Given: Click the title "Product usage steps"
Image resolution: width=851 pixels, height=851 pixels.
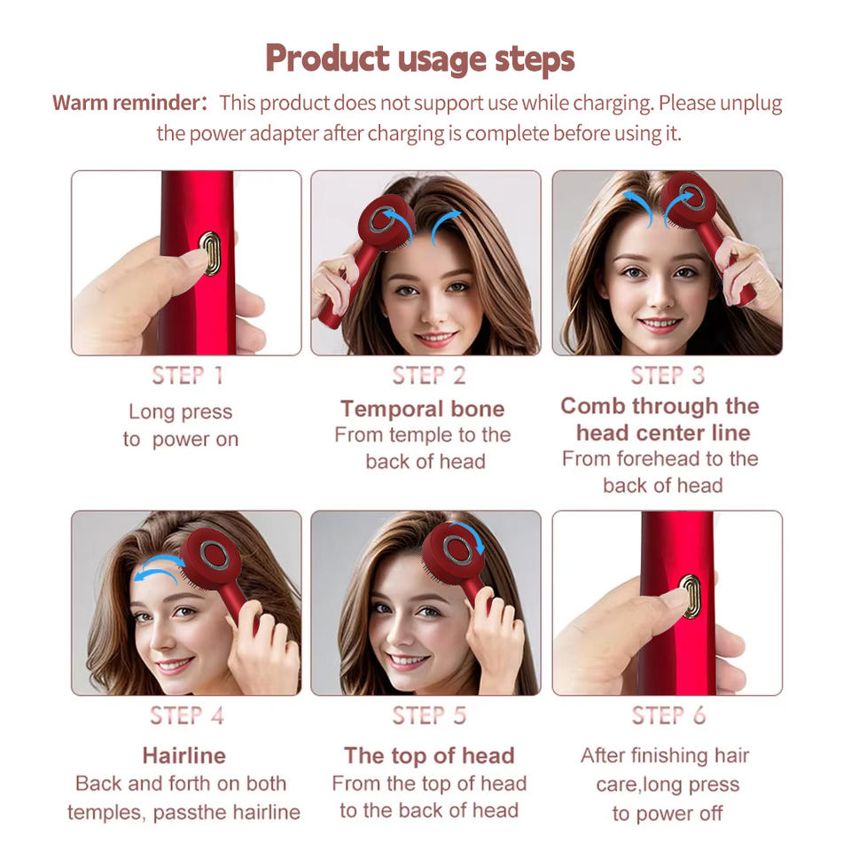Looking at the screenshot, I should tap(420, 59).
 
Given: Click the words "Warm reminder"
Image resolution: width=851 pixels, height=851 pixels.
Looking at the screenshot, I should tap(128, 103).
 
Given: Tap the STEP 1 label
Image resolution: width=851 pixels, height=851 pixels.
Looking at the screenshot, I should tap(186, 375).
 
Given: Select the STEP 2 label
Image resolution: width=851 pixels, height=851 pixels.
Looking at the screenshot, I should tap(428, 375).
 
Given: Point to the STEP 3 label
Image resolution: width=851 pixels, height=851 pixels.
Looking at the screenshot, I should tap(667, 375).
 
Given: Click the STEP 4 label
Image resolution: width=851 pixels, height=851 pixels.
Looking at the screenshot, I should tap(186, 715).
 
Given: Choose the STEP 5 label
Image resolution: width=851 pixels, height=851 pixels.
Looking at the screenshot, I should tap(428, 715).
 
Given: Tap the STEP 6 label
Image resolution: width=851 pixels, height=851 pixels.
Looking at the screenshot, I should tap(667, 715).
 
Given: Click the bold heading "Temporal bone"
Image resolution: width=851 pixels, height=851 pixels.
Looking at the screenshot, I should tap(422, 409).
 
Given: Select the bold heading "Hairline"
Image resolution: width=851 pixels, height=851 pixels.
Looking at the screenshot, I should tap(183, 755).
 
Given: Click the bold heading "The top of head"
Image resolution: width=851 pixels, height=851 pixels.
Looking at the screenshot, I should tap(429, 755).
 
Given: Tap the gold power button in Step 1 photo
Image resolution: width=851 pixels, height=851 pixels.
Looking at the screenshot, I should tap(209, 253).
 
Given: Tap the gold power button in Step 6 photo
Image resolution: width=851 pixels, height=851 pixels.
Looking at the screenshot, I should tap(690, 596).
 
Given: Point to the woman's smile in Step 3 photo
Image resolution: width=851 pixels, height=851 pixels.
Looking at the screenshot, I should tap(661, 324).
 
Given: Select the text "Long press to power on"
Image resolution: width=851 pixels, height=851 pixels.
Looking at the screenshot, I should tap(181, 425).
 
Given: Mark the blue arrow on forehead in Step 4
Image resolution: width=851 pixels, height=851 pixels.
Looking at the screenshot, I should tap(158, 568).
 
